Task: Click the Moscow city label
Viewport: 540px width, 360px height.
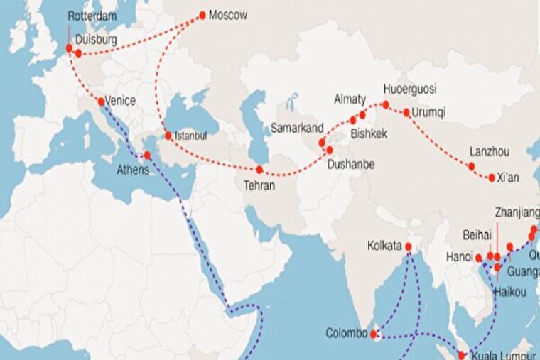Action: tap(228, 15)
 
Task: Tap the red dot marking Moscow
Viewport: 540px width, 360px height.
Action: tap(202, 14)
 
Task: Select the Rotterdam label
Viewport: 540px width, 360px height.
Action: tap(91, 16)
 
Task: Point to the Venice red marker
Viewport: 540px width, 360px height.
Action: tap(101, 101)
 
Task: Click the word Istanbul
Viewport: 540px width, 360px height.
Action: tap(190, 135)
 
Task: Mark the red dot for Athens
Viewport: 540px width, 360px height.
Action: tap(147, 155)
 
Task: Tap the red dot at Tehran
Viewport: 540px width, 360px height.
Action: tap(260, 169)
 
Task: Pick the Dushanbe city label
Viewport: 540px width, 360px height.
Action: tap(350, 165)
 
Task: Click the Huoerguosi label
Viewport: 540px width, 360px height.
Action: tap(409, 89)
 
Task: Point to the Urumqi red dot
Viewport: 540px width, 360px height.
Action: tap(406, 112)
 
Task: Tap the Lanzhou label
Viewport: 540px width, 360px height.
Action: tap(490, 152)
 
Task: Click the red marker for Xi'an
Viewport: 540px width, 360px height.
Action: tap(492, 178)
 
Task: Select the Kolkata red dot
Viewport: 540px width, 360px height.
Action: tap(409, 246)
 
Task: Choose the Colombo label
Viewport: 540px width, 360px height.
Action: tap(346, 333)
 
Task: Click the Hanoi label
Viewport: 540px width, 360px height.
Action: tap(460, 256)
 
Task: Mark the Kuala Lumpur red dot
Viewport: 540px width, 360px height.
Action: tap(461, 356)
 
